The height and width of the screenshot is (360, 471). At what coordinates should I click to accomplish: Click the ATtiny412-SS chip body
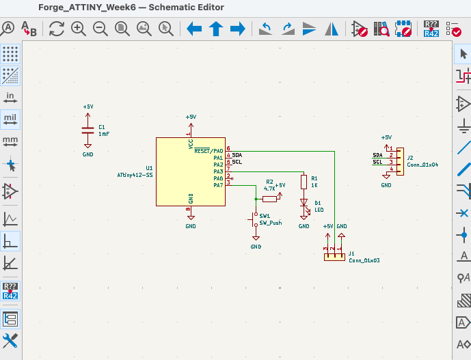[x=190, y=172]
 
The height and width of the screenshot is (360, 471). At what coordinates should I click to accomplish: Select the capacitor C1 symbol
[x=88, y=130]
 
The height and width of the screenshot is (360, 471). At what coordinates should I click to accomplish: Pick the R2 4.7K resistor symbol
[x=269, y=199]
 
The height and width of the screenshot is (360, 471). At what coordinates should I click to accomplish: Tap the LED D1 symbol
[x=304, y=204]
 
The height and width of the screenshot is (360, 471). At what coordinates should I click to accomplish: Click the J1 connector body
[x=334, y=257]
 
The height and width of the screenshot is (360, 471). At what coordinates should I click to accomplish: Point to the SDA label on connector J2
[x=377, y=155]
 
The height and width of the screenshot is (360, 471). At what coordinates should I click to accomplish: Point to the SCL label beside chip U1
[x=237, y=162]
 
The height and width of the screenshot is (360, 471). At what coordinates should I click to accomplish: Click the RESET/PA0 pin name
[x=208, y=150]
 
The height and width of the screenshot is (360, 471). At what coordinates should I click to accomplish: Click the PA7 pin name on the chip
[x=218, y=185]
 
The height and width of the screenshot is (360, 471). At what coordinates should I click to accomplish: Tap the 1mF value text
[x=104, y=135]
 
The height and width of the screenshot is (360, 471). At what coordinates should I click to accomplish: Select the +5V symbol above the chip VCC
[x=191, y=119]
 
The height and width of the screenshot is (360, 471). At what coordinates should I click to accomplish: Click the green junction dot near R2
[x=256, y=199]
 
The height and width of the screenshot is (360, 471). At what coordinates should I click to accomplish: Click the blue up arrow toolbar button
[x=216, y=29]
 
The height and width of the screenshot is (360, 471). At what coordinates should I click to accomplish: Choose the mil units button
[x=10, y=118]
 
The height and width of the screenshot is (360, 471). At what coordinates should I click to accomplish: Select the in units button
[x=10, y=96]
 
